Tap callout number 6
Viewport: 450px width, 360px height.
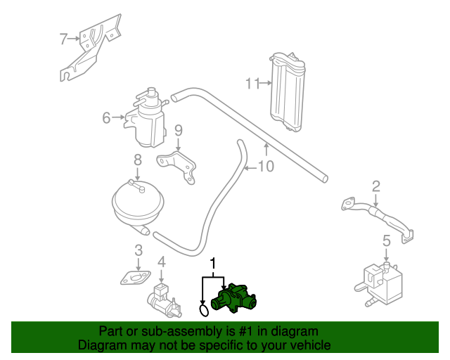tap(106, 117)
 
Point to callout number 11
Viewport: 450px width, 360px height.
tap(252, 84)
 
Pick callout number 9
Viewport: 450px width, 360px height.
tap(179, 130)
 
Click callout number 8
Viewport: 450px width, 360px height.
tap(137, 160)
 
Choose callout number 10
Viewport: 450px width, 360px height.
tap(265, 167)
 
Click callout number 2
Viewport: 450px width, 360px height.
tap(376, 186)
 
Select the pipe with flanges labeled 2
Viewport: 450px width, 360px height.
tap(377, 215)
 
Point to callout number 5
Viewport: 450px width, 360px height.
tap(386, 241)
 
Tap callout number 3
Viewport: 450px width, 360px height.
tap(139, 250)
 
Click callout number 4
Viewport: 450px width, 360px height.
tap(162, 263)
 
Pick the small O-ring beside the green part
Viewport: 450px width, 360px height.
tap(204, 309)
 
